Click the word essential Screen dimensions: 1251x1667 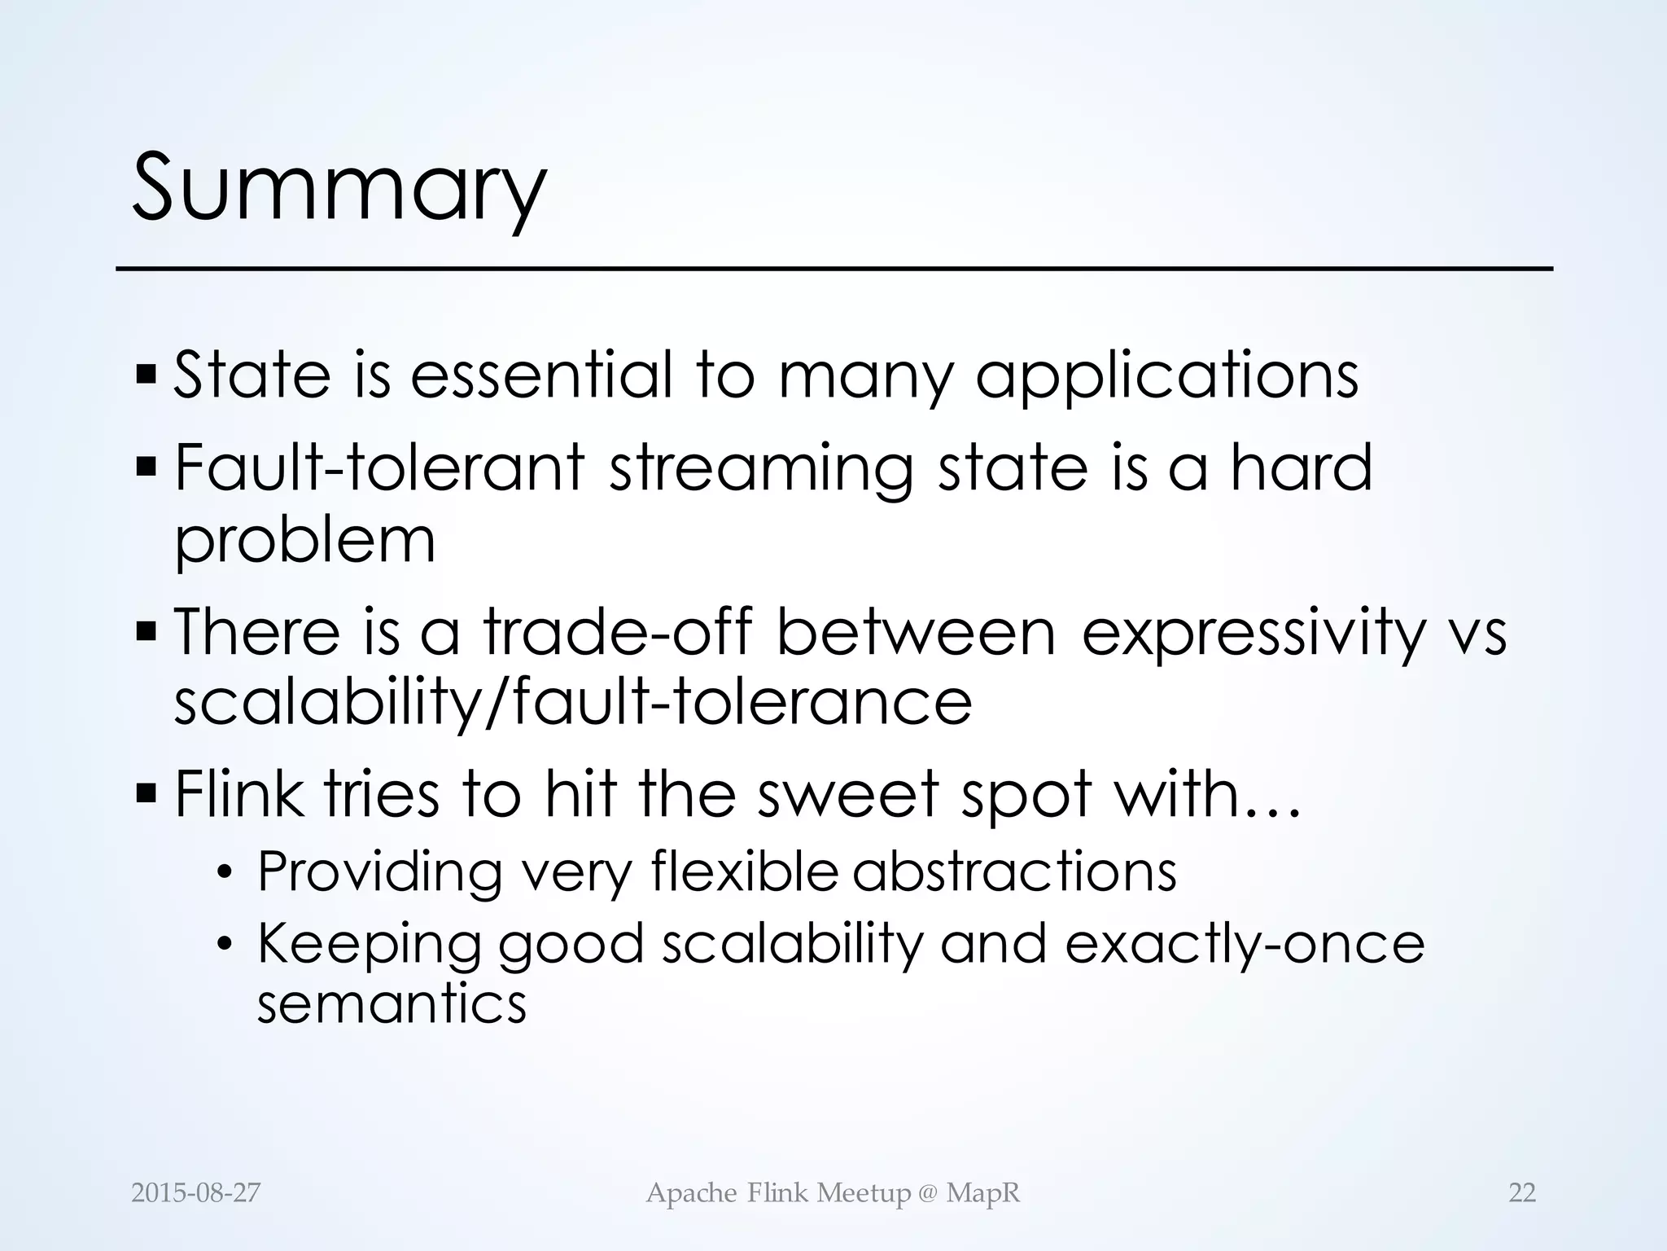(541, 375)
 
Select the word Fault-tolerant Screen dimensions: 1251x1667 (380, 467)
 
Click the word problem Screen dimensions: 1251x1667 (305, 541)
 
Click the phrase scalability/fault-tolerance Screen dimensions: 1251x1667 (573, 703)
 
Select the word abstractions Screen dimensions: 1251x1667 (1014, 871)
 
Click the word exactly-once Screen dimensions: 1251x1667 (1245, 944)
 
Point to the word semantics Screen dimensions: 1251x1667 (392, 1004)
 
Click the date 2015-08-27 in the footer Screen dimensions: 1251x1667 (196, 1193)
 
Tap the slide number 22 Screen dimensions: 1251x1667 (1522, 1193)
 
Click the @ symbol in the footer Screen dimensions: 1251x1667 (927, 1194)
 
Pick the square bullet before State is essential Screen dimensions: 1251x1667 (147, 375)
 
